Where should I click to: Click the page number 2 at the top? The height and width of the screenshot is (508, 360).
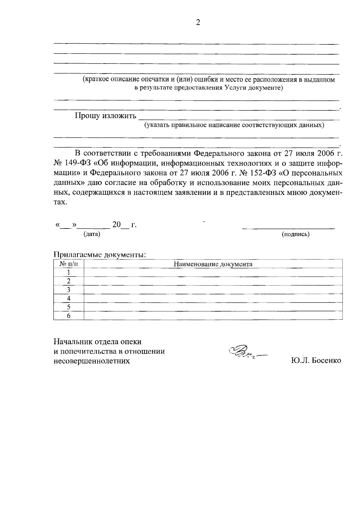[198, 22]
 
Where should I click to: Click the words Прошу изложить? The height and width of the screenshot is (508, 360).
[105, 116]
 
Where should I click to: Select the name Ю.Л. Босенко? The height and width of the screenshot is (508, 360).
[316, 360]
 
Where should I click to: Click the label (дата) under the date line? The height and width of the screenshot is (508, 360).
[91, 234]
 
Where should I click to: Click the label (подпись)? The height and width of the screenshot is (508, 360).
[295, 234]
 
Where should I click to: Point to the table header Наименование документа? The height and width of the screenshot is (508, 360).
[213, 264]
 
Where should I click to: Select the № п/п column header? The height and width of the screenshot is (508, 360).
[68, 264]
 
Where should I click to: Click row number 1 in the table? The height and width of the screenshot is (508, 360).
[68, 272]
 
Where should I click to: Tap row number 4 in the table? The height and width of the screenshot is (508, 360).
[68, 298]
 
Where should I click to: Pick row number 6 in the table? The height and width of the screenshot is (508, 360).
[68, 316]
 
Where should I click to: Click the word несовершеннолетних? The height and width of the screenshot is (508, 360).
[91, 361]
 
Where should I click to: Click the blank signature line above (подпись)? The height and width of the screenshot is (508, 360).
[288, 229]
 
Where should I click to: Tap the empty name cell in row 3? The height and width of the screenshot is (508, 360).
[213, 290]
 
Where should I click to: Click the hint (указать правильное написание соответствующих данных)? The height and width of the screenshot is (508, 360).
[234, 125]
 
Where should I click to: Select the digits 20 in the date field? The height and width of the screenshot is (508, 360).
[116, 224]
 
